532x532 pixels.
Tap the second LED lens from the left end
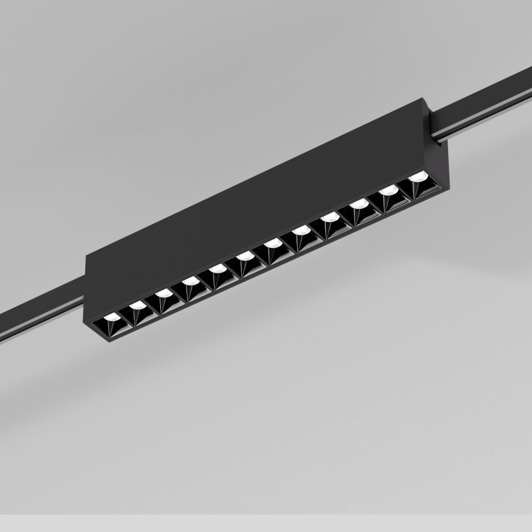[138, 305]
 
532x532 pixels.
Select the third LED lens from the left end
[163, 293]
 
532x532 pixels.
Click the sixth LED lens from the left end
[245, 255]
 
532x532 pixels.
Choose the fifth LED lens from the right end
[301, 230]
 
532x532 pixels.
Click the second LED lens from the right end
[388, 190]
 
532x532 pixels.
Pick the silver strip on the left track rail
[40, 325]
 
